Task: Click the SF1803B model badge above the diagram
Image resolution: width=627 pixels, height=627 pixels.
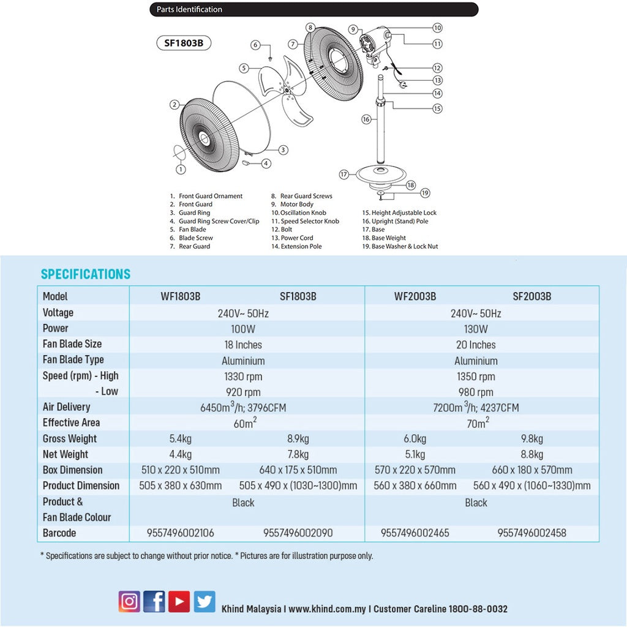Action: pos(184,43)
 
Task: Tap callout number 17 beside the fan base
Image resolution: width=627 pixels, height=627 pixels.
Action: pos(344,175)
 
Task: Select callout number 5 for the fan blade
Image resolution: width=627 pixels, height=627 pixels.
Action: pos(244,68)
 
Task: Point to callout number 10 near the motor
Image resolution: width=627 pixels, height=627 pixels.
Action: pos(437,28)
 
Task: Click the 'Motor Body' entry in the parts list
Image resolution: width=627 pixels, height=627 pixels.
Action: pos(297,205)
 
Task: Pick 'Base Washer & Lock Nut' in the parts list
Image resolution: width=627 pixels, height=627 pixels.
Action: pos(405,246)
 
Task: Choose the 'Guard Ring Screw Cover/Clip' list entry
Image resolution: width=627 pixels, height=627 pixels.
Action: pos(219,221)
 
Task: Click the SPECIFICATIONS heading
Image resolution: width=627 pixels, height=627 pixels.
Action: pos(86,274)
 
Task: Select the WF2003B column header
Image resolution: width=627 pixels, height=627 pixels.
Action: pos(415,296)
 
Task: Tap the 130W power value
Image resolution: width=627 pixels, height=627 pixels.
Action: pos(476,329)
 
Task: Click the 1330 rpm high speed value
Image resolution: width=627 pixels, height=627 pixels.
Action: pos(243,377)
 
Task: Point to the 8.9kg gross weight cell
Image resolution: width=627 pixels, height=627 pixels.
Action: pos(298,439)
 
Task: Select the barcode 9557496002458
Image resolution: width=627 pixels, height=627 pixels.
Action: pos(532,533)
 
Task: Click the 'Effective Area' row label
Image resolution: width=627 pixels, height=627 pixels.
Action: pos(71,422)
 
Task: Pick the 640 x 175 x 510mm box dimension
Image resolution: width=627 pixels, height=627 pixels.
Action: pos(298,470)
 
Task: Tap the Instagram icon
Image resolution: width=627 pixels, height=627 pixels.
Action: pos(129,601)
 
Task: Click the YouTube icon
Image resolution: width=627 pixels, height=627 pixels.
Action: pos(179,601)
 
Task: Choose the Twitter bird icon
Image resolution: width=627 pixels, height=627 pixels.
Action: pos(205,601)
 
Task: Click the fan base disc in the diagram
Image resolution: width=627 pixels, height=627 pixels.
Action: pos(381,175)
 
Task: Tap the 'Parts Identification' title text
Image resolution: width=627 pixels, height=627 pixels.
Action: pos(189,9)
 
